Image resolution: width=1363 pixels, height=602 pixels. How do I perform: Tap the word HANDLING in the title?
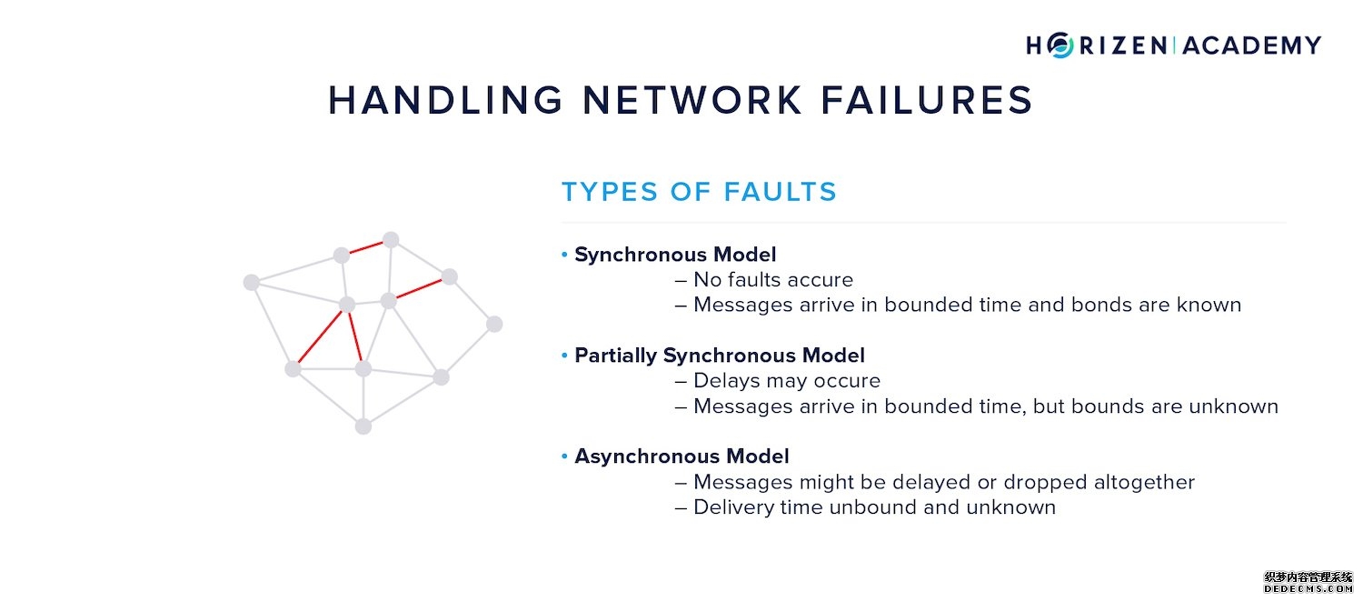(445, 100)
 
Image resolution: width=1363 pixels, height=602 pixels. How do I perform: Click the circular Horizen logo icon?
(1060, 45)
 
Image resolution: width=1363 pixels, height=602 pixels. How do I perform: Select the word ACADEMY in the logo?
(1252, 45)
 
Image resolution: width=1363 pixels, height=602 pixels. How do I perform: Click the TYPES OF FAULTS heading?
(699, 192)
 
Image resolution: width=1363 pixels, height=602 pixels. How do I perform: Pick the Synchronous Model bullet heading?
(675, 255)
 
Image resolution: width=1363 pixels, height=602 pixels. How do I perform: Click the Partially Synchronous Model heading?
(719, 356)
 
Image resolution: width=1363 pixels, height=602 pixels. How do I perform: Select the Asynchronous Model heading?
(681, 457)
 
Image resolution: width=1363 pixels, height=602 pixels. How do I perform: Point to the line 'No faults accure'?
(772, 280)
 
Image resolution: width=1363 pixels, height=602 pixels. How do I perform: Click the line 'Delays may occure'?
(786, 381)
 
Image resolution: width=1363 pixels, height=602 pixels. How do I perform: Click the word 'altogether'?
(1141, 482)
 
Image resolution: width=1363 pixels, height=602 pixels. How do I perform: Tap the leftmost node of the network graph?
(252, 283)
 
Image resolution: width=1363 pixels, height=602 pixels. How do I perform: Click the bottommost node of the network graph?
(363, 426)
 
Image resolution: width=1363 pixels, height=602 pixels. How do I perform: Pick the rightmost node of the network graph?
(494, 324)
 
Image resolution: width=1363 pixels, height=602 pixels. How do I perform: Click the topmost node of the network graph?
(391, 240)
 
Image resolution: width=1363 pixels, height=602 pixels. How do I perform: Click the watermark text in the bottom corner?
(1308, 583)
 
